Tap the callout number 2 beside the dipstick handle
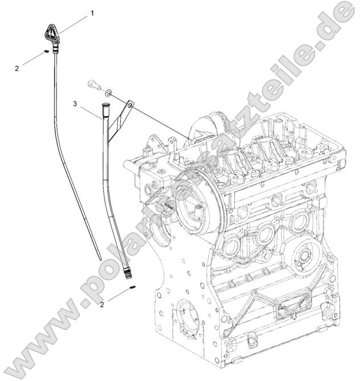(17, 68)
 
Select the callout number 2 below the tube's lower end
(102, 304)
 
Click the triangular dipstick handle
(51, 34)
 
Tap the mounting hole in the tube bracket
(130, 104)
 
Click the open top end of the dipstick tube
(105, 104)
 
